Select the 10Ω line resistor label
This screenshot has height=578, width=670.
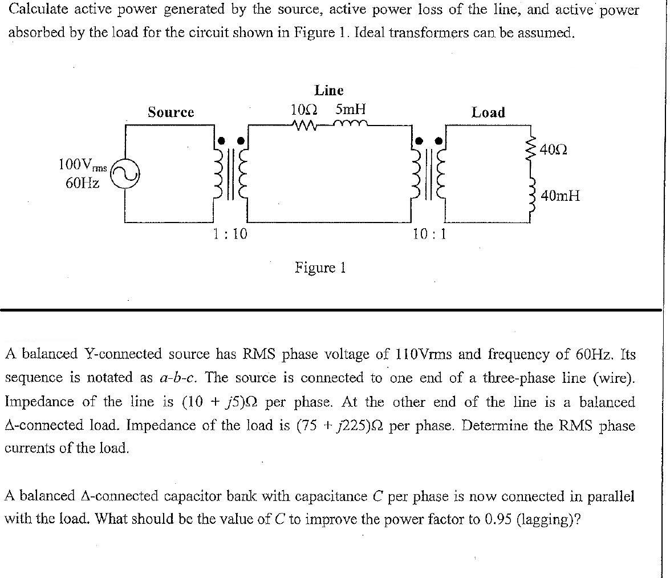(x=304, y=108)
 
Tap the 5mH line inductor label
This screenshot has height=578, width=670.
(x=350, y=108)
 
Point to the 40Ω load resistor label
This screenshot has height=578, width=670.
(x=553, y=150)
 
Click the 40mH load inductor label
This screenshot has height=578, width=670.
(x=560, y=196)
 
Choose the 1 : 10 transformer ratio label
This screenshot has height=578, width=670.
(x=230, y=233)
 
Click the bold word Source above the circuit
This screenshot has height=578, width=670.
(x=170, y=112)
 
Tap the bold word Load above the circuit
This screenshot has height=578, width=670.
(x=488, y=112)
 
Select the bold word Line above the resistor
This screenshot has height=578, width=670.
(x=329, y=90)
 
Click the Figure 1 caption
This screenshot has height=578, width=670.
(x=320, y=267)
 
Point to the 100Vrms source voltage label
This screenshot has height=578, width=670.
(x=83, y=165)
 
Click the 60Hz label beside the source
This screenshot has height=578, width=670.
(x=83, y=183)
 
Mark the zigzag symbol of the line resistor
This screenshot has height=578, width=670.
(x=304, y=124)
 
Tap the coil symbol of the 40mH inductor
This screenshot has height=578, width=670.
(x=533, y=195)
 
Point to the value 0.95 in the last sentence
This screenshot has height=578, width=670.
(x=498, y=520)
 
